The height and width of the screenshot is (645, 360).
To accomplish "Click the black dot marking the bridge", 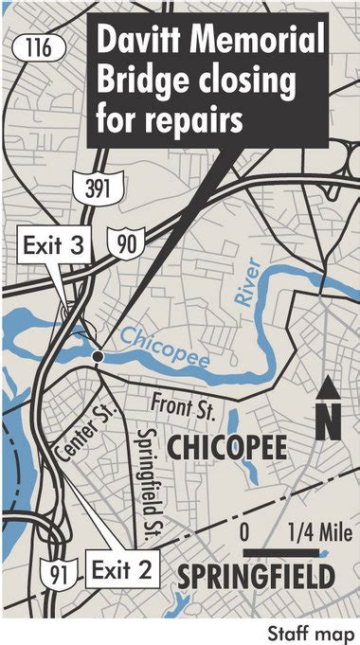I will coord(98,356).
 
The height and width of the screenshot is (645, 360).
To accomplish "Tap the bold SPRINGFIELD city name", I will coord(255,576).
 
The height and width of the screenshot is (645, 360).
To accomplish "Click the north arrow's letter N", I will coord(327,421).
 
